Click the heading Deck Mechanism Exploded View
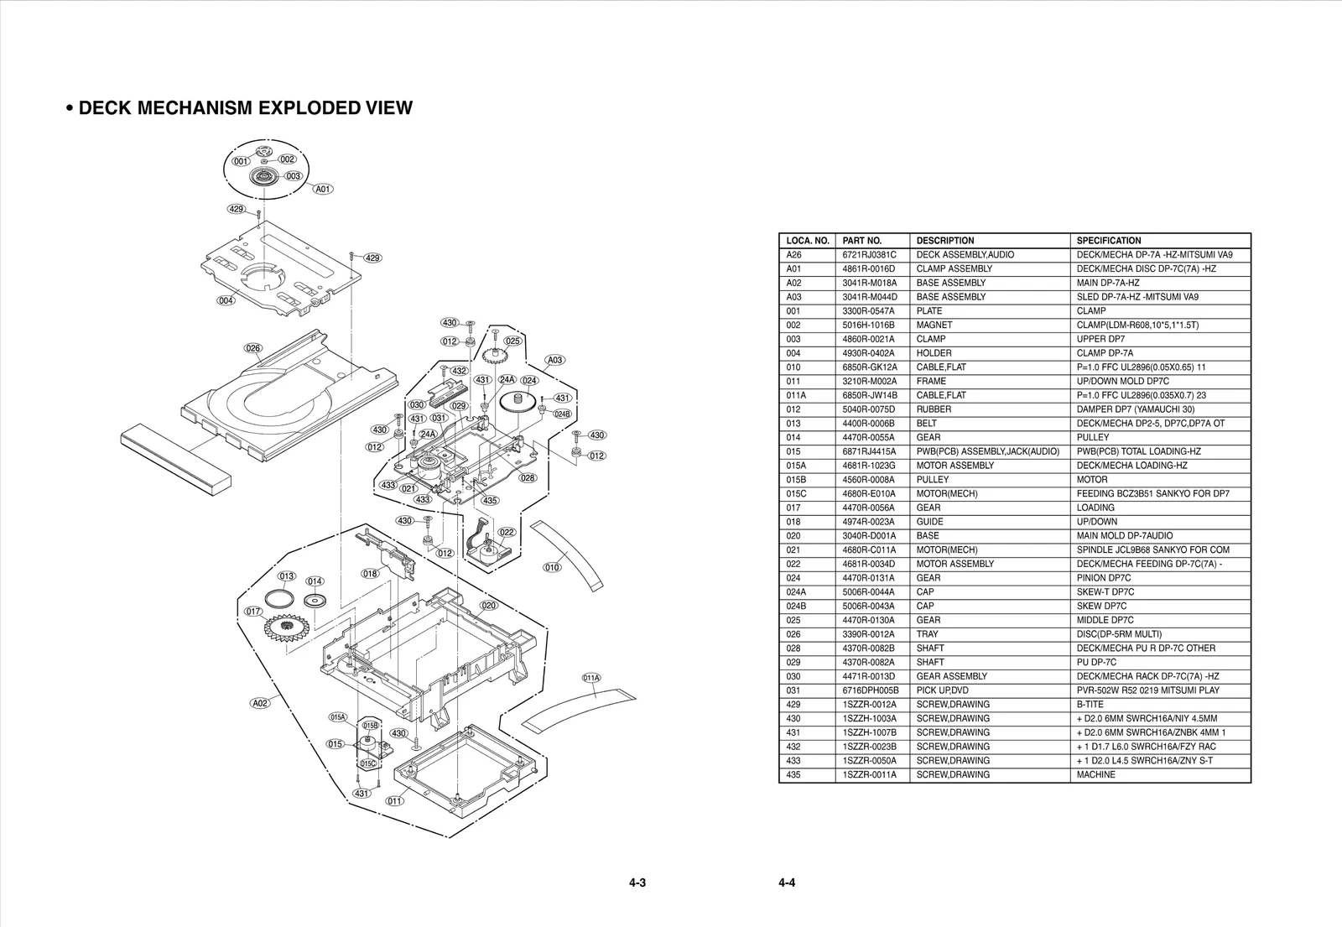[x=239, y=108]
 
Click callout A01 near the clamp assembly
[x=323, y=190]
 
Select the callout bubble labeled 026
[x=253, y=347]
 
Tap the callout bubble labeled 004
[x=226, y=300]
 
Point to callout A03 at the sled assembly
[x=555, y=360]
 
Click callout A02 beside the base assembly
[x=261, y=703]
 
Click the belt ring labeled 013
[x=278, y=599]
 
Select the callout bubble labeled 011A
[x=591, y=678]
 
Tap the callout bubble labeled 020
[x=489, y=605]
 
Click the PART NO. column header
[x=862, y=241]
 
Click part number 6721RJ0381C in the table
[x=870, y=255]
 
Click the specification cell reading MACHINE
[x=1095, y=775]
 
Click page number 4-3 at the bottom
[x=637, y=883]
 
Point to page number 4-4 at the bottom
[x=786, y=883]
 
